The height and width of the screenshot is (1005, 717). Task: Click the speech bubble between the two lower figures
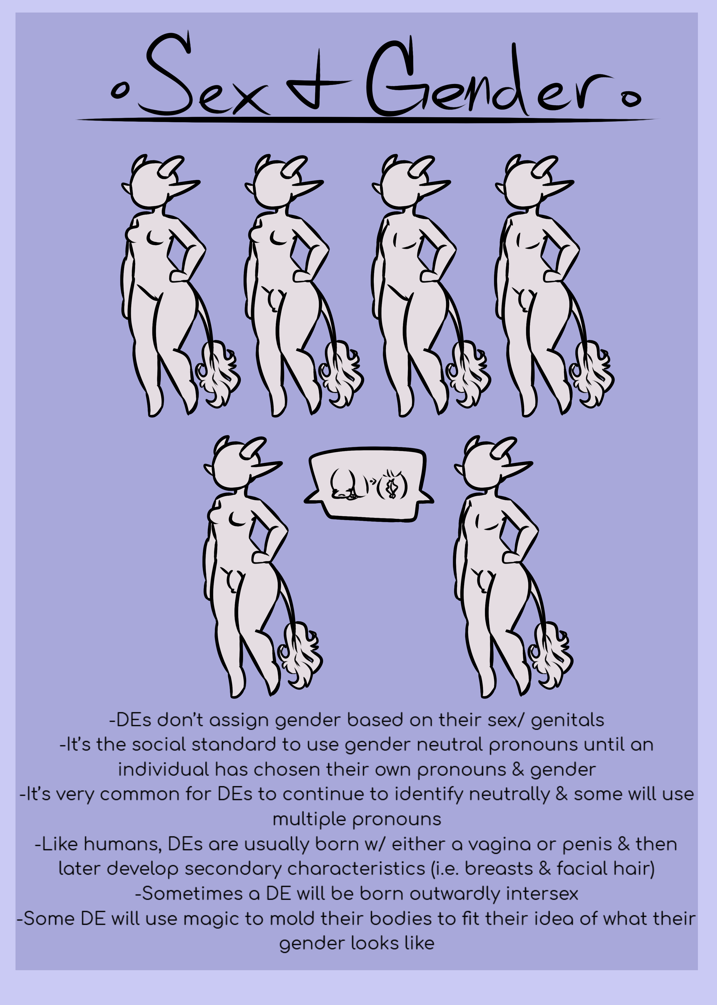[x=369, y=484]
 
